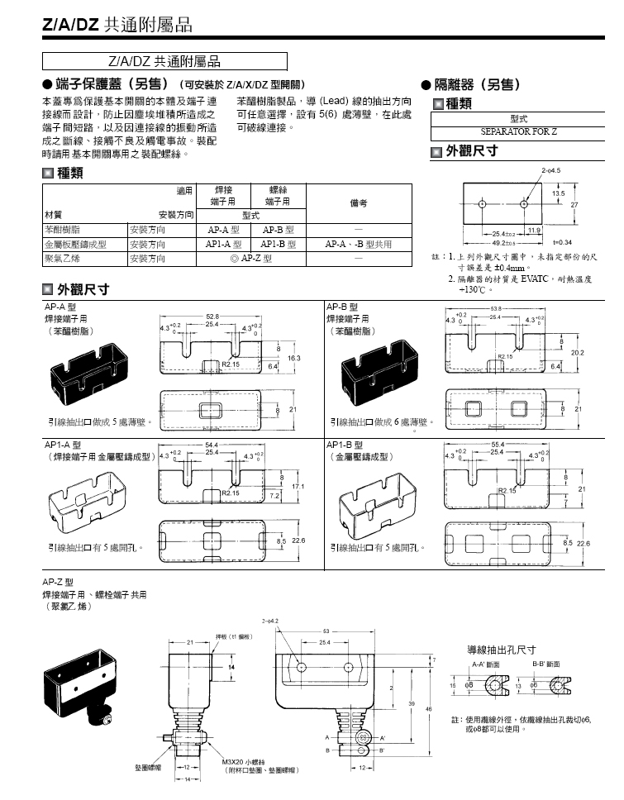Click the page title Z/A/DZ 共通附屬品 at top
point(117,26)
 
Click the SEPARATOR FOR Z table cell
point(519,131)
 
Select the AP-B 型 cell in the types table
point(279,231)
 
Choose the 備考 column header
point(358,202)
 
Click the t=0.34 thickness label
point(562,241)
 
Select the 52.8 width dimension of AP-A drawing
point(212,317)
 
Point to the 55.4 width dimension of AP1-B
point(497,445)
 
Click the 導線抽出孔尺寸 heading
point(502,650)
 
